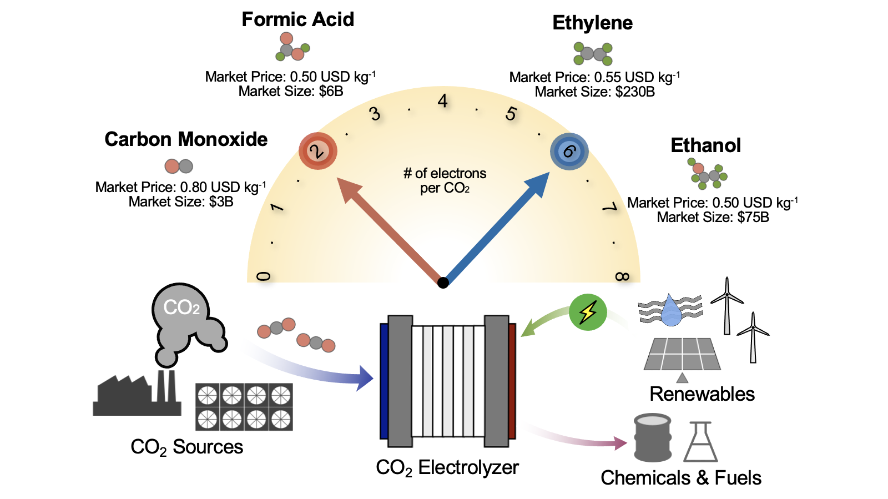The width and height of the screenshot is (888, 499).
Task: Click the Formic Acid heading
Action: (x=297, y=19)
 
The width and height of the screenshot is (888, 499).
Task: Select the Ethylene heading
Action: (x=592, y=23)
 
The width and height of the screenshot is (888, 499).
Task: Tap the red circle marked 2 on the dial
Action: (x=317, y=151)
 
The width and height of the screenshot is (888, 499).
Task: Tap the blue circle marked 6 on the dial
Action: (x=569, y=152)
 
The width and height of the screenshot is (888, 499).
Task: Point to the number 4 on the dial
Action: (x=442, y=101)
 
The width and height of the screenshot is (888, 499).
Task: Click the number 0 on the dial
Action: (x=264, y=276)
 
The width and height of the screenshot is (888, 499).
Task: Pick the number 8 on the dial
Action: (x=622, y=276)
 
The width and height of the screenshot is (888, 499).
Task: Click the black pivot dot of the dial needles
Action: (x=443, y=283)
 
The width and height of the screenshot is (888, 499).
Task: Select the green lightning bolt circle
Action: (x=588, y=312)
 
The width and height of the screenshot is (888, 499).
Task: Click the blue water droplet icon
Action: (x=671, y=311)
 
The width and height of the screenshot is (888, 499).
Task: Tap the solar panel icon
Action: (x=682, y=354)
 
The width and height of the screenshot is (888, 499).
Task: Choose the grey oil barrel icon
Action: (x=653, y=438)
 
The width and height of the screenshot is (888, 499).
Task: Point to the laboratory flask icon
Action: (x=700, y=443)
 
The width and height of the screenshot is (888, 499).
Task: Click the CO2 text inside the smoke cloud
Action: (x=181, y=307)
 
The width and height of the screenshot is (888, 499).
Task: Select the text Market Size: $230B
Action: (x=594, y=92)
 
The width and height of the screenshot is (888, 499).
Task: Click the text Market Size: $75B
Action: (x=713, y=218)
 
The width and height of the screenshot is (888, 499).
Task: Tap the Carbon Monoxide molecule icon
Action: (x=179, y=166)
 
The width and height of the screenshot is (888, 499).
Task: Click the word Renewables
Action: (x=702, y=394)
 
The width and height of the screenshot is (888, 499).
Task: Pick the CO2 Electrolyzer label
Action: (x=447, y=468)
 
